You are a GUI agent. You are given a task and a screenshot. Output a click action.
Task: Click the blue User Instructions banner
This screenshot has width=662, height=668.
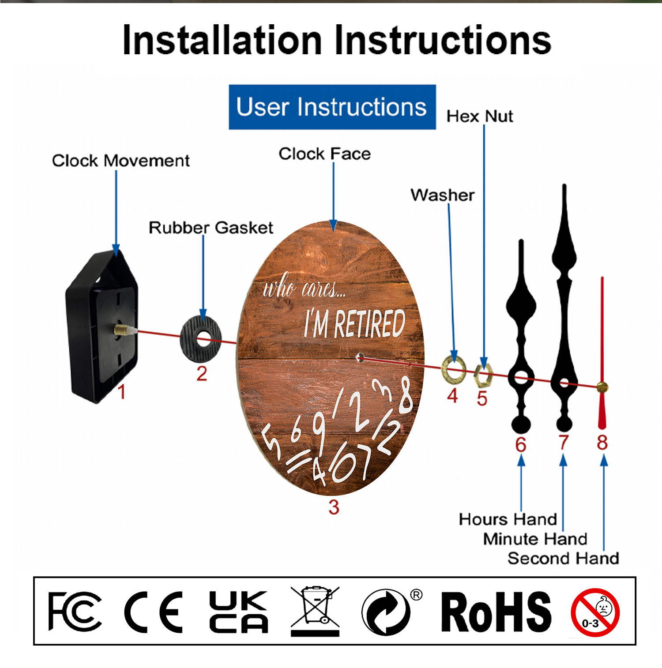pyautogui.click(x=332, y=107)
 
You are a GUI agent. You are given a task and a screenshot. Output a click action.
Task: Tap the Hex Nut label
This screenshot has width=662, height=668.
pyautogui.click(x=480, y=116)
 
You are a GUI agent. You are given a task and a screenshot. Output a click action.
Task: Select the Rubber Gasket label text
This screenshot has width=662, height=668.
pyautogui.click(x=211, y=228)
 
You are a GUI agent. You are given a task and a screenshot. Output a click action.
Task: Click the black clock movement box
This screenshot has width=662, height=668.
pyautogui.click(x=102, y=326)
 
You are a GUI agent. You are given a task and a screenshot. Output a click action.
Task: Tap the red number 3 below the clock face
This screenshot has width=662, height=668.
pyautogui.click(x=334, y=507)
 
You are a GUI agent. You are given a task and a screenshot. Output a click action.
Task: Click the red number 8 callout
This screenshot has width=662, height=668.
pyautogui.click(x=602, y=443)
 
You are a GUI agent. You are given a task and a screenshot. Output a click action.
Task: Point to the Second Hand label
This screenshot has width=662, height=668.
pyautogui.click(x=563, y=559)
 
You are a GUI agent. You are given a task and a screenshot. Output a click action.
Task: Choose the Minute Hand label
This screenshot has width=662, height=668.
pyautogui.click(x=535, y=539)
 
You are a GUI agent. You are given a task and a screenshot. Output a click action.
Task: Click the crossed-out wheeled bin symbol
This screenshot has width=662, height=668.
pyautogui.click(x=315, y=611)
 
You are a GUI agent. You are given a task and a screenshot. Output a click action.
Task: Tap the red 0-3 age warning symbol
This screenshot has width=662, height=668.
pyautogui.click(x=595, y=613)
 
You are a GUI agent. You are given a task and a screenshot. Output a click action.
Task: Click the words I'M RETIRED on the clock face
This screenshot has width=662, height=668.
pyautogui.click(x=354, y=323)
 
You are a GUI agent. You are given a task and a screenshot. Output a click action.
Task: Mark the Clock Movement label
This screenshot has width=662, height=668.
pyautogui.click(x=121, y=161)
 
